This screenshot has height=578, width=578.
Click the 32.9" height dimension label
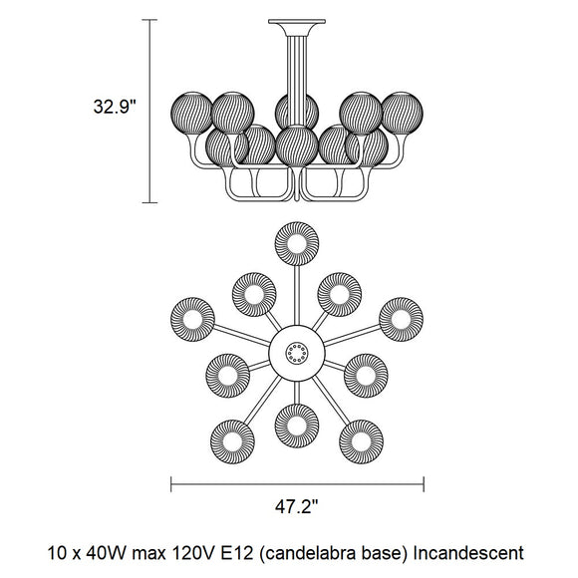[x=115, y=107]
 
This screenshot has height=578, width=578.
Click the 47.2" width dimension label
[x=296, y=506]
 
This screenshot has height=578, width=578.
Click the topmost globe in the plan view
[x=297, y=244]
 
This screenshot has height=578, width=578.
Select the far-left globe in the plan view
[x=192, y=319]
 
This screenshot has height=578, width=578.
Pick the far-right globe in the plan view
[x=401, y=319]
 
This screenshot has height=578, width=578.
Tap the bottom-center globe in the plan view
[x=297, y=426]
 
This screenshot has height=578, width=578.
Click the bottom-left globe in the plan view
[x=232, y=441]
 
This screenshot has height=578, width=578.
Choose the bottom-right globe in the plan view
[x=361, y=441]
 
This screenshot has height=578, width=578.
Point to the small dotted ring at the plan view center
[x=297, y=353]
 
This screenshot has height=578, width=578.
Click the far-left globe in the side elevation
[x=191, y=113]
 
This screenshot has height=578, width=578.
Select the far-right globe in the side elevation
[x=403, y=113]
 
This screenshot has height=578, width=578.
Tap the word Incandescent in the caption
[x=468, y=553]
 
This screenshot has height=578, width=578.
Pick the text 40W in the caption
[x=107, y=553]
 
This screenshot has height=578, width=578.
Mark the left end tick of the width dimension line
[x=171, y=484]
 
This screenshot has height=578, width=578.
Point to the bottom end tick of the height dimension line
[x=149, y=202]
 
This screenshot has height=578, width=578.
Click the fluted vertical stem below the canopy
[x=297, y=81]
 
